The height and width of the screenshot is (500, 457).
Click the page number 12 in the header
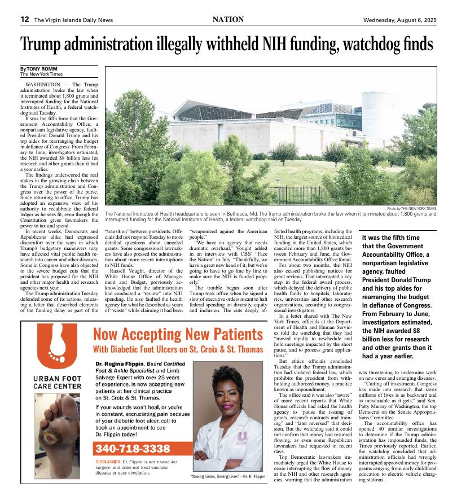(x=25, y=19)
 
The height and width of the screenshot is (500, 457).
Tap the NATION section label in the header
(x=228, y=19)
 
